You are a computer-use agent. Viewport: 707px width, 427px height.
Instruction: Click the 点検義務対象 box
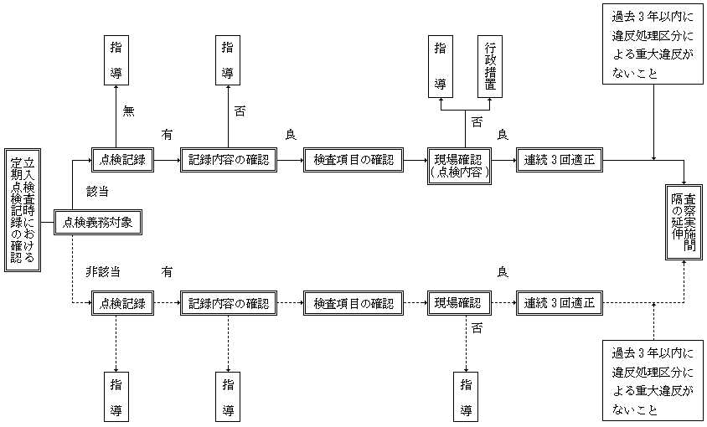click(x=98, y=223)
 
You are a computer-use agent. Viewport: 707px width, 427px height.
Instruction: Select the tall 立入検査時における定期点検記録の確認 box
click(x=23, y=210)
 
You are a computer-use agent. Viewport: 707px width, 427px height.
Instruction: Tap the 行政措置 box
click(x=490, y=67)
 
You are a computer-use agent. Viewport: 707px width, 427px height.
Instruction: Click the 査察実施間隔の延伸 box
click(x=684, y=223)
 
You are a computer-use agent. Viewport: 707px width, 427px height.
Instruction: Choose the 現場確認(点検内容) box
click(x=459, y=166)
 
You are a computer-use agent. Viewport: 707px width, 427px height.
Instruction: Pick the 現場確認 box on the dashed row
click(x=459, y=303)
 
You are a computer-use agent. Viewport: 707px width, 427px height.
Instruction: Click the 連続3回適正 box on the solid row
click(x=559, y=160)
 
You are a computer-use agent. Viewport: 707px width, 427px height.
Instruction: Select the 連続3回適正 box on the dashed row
click(x=559, y=303)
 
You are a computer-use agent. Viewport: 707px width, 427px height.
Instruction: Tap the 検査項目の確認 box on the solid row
click(x=353, y=160)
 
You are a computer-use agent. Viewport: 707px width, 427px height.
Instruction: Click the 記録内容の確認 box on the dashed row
click(x=229, y=303)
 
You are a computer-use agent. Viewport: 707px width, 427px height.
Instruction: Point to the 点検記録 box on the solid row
click(x=122, y=160)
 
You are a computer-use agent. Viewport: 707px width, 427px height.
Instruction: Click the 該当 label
click(x=97, y=192)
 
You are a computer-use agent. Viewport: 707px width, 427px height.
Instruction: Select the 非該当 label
click(x=103, y=272)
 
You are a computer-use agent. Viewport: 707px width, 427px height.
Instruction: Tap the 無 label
click(x=128, y=111)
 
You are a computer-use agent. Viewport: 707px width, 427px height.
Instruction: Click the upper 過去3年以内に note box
click(x=653, y=44)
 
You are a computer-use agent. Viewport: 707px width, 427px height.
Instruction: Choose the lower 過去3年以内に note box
click(x=653, y=381)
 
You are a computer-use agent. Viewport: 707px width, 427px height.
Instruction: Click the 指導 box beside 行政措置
click(x=441, y=67)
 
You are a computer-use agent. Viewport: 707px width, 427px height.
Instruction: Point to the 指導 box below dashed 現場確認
click(x=466, y=397)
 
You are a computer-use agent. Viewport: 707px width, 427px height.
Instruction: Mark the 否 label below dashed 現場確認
click(x=477, y=328)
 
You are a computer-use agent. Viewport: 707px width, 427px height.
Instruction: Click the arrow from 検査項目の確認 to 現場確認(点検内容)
click(x=415, y=160)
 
